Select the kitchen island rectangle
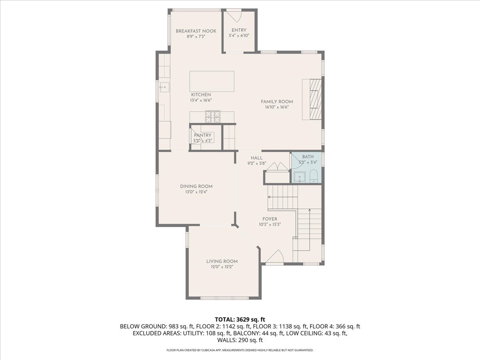tap(212, 82)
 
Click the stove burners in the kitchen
tap(213, 116)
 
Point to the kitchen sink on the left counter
tap(163, 86)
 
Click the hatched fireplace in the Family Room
tap(315, 99)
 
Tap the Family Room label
tap(277, 102)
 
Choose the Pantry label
tap(202, 135)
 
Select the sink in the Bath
tap(299, 176)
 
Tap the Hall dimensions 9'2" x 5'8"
tap(257, 163)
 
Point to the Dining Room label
tap(196, 186)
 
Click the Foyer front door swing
tap(275, 257)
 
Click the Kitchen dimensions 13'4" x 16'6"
tap(200, 100)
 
